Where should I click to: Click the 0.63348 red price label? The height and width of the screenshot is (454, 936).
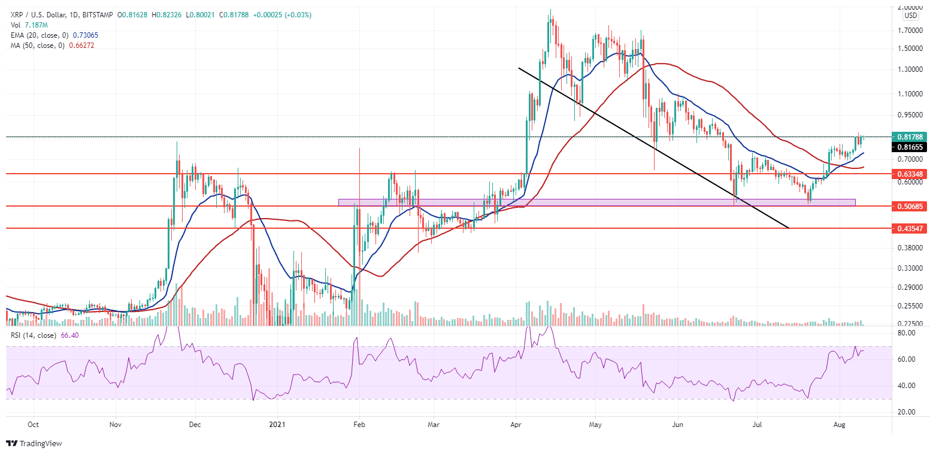click(908, 174)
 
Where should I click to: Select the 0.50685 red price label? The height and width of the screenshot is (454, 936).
click(908, 206)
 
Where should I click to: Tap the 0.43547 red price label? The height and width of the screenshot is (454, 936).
click(908, 228)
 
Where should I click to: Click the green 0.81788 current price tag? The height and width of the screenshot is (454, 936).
click(908, 137)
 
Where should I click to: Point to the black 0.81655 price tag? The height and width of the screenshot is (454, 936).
click(908, 147)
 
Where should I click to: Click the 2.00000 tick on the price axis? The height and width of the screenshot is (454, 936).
click(908, 7)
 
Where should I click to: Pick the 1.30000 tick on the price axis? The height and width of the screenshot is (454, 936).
click(908, 69)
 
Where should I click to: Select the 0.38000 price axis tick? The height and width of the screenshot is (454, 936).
click(908, 247)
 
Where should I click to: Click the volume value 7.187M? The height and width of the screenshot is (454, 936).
click(32, 25)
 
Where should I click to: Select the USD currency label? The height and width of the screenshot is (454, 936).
click(911, 16)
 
